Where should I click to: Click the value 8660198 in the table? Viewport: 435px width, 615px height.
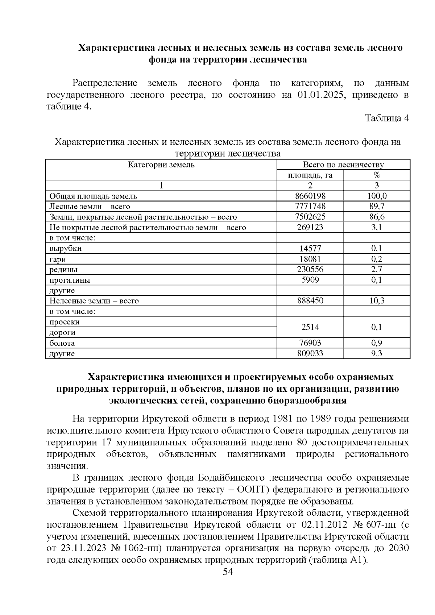point(310,196)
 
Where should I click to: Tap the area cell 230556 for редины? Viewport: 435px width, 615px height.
point(310,269)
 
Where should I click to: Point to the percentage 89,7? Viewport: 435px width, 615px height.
point(377,207)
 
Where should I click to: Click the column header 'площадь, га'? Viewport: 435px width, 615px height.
point(310,175)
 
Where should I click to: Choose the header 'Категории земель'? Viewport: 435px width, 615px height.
point(161,165)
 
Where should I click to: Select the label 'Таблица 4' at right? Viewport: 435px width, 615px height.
point(387,119)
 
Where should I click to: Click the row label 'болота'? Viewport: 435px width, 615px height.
point(62,343)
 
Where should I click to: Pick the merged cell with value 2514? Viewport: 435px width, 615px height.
point(310,327)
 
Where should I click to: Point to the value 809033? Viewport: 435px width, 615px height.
point(310,353)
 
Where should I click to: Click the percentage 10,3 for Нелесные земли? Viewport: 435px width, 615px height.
point(377,301)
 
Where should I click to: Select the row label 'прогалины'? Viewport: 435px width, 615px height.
point(70,280)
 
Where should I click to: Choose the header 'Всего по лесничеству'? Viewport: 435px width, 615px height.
point(343,165)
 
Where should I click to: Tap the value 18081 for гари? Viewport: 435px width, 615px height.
point(310,259)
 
